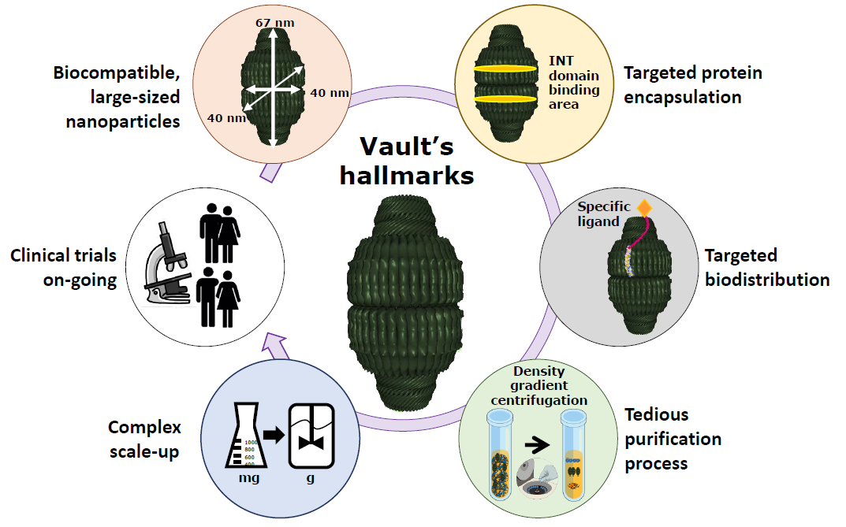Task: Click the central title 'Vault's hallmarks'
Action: click(x=407, y=160)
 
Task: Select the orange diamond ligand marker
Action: click(x=644, y=209)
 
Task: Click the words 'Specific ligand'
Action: click(x=604, y=214)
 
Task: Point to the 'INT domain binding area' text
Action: click(x=573, y=82)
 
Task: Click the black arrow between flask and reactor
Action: click(x=274, y=434)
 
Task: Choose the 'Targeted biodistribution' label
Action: click(x=766, y=267)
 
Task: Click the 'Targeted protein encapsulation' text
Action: click(x=692, y=85)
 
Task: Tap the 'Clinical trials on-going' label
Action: click(x=63, y=268)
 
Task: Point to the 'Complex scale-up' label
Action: click(x=144, y=440)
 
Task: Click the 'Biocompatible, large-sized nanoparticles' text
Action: click(x=117, y=97)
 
